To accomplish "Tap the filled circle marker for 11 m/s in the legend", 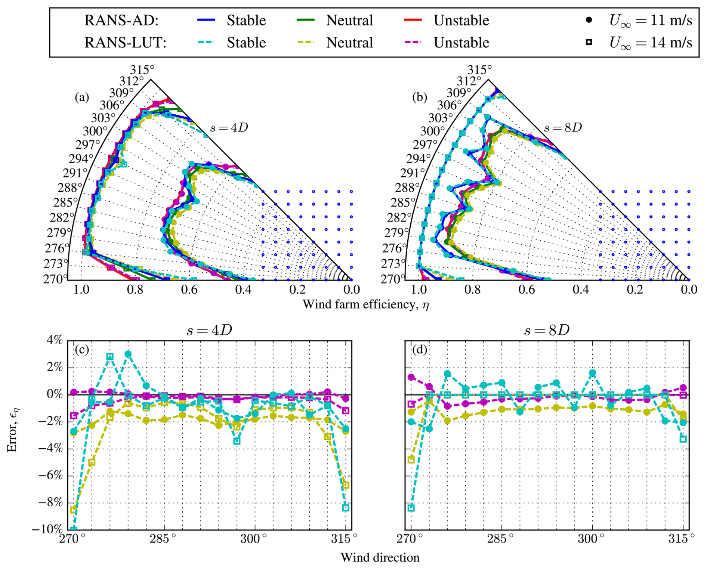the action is click(589, 19).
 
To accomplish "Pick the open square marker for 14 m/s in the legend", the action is click(589, 42).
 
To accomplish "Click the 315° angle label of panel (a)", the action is click(142, 70).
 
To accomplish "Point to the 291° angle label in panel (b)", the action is click(413, 173).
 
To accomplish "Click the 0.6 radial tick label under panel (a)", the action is click(189, 290).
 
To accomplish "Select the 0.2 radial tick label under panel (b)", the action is click(635, 290).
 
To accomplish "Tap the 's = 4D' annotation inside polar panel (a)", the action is click(229, 128).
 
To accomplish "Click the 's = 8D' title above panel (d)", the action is click(547, 330).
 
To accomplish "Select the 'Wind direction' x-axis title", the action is click(380, 557).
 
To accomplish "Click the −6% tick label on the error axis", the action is click(51, 475).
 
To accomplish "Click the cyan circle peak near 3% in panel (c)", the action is click(128, 354).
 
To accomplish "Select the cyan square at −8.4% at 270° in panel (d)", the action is click(411, 508).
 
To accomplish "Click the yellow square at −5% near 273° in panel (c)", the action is click(92, 463).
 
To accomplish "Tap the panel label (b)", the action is click(419, 97).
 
